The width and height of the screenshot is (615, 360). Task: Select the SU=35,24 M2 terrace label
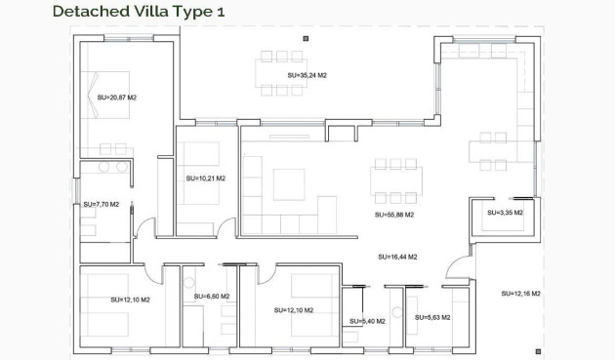pyautogui.click(x=307, y=73)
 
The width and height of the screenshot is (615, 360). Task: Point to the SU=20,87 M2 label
pyautogui.click(x=117, y=97)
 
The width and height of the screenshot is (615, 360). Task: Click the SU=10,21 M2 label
pyautogui.click(x=205, y=179)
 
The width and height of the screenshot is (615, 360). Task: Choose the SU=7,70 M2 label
pyautogui.click(x=101, y=205)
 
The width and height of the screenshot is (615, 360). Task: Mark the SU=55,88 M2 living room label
pyautogui.click(x=394, y=215)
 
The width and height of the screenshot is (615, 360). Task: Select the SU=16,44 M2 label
pyautogui.click(x=397, y=257)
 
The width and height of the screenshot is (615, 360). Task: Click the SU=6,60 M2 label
pyautogui.click(x=212, y=297)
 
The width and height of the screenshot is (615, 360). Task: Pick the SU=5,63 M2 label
pyautogui.click(x=432, y=317)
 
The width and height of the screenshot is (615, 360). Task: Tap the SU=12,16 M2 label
pyautogui.click(x=521, y=294)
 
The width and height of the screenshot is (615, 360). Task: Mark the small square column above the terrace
pyautogui.click(x=306, y=38)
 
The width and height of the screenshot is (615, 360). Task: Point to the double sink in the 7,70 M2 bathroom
pyautogui.click(x=104, y=167)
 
